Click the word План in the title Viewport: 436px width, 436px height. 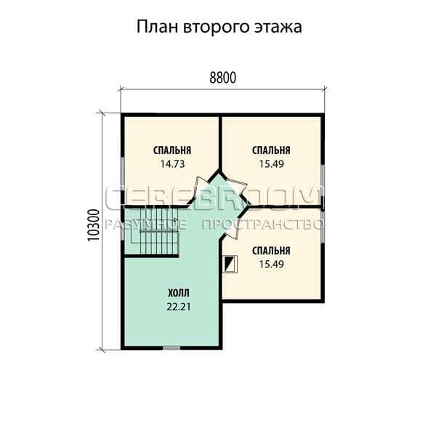(x=157, y=27)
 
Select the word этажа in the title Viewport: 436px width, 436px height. (x=278, y=28)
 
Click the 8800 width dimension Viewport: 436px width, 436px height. (x=223, y=78)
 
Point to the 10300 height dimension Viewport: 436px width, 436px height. (x=94, y=225)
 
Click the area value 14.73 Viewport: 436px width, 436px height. (x=172, y=164)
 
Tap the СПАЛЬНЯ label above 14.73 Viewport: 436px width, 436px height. (x=172, y=150)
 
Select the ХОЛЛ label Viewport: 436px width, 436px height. (x=179, y=293)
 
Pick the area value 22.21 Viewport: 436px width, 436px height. (x=179, y=307)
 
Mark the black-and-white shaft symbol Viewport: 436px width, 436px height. (x=230, y=263)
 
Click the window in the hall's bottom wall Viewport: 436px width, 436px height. (x=171, y=347)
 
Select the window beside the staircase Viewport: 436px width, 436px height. (x=122, y=228)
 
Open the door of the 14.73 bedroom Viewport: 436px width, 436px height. (x=201, y=185)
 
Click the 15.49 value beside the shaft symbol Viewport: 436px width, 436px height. (x=272, y=264)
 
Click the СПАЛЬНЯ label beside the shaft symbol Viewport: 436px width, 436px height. (x=271, y=251)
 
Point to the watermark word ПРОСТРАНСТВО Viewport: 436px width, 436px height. (x=263, y=225)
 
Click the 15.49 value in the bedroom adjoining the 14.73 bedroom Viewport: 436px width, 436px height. (x=272, y=164)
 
